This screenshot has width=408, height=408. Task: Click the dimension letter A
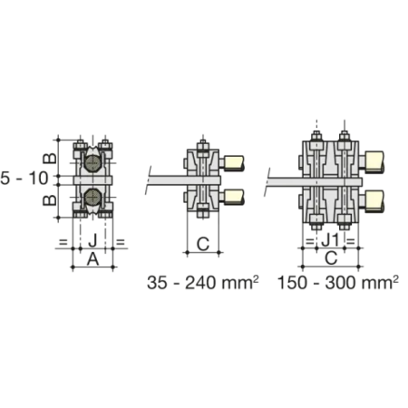92,259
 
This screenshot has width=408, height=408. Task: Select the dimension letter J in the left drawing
92,241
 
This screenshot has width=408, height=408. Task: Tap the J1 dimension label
331,241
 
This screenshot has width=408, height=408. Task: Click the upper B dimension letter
50,158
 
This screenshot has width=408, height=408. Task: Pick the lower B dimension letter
50,199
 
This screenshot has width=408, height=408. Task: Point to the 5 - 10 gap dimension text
24,178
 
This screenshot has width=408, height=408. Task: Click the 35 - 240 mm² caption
203,283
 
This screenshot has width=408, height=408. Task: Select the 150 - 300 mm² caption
338,283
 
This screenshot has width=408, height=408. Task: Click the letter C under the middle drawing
203,244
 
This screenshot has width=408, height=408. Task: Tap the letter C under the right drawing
331,258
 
